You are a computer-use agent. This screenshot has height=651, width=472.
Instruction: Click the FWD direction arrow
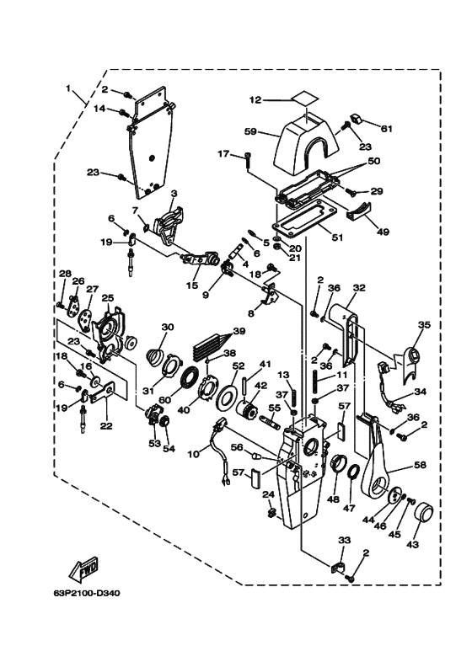coord(84,570)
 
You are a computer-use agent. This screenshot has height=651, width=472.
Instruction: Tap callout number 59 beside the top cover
coord(250,132)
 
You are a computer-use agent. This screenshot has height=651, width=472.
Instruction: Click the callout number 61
coord(386,128)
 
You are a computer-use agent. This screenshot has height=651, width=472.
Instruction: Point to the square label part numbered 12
coord(305,99)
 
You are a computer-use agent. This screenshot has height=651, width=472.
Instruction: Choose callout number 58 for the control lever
coord(421,465)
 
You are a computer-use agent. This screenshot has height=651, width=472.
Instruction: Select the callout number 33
coord(345,540)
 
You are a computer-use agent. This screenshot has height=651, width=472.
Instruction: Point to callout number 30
coord(168,327)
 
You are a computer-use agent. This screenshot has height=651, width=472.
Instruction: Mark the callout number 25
coord(107,297)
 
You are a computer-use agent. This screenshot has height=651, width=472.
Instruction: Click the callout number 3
coord(174,194)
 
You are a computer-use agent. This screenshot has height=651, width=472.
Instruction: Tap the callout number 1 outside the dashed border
coord(68,88)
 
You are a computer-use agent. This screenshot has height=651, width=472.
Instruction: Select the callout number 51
coord(337,237)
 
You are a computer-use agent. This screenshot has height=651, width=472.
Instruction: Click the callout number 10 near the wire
coord(193,454)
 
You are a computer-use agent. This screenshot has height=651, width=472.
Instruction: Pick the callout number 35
coord(424,324)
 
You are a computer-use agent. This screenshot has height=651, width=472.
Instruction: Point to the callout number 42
coord(260,385)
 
